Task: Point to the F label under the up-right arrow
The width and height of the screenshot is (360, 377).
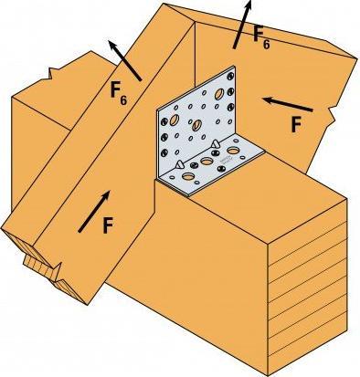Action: point(108,225)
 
